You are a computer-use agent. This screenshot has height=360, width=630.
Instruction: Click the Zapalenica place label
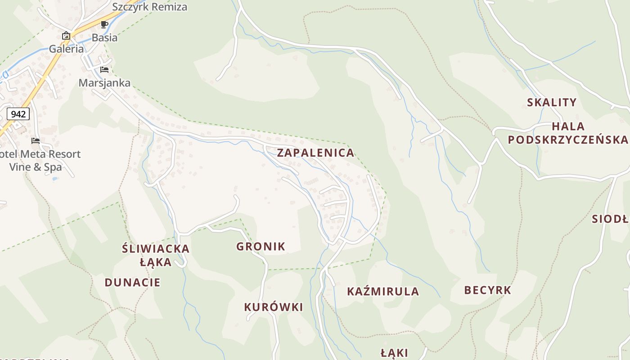click(315, 153)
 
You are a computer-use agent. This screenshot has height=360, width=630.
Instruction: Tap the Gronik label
click(261, 247)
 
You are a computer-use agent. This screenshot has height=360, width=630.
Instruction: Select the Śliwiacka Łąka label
click(156, 255)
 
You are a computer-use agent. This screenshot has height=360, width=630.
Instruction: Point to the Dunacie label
click(132, 283)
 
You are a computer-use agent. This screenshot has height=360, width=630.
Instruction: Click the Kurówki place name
click(273, 307)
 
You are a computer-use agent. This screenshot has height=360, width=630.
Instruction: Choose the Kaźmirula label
click(383, 292)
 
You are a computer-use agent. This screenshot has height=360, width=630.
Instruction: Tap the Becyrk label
click(487, 290)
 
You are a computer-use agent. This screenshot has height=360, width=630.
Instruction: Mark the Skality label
click(552, 103)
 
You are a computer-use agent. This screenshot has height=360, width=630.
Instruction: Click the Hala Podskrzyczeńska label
click(568, 133)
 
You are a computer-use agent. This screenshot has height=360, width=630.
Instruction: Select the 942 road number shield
click(18, 114)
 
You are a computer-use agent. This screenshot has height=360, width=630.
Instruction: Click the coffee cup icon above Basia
click(104, 24)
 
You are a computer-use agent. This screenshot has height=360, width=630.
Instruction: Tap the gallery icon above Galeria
click(66, 36)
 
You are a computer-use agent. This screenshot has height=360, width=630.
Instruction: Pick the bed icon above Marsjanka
click(104, 69)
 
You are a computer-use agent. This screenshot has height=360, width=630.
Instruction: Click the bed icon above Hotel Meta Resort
click(36, 141)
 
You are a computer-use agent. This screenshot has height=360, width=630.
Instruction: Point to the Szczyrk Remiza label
click(149, 7)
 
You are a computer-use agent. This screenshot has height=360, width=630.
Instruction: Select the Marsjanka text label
click(104, 83)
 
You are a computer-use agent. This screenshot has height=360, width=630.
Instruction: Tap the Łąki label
click(394, 353)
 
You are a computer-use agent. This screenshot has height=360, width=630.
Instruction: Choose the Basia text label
click(104, 37)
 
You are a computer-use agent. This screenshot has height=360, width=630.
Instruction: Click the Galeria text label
click(66, 49)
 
